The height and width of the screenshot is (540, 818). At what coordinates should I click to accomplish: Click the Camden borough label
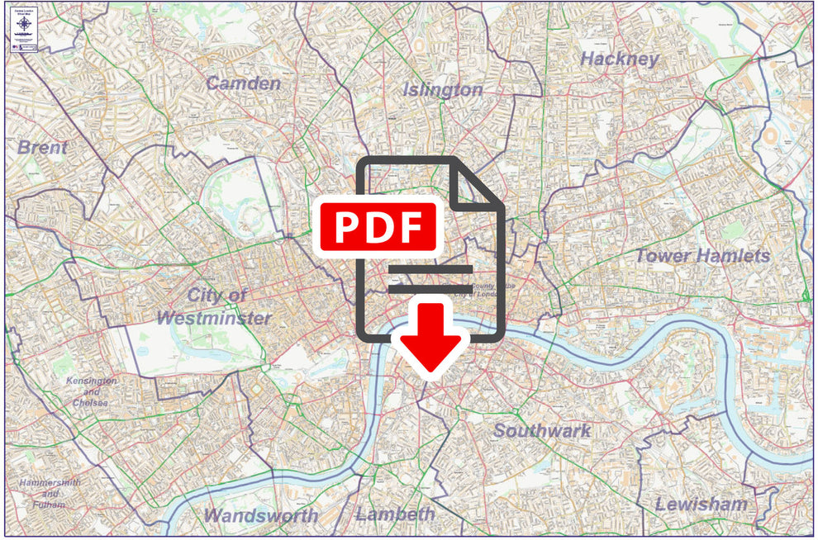pos(243,83)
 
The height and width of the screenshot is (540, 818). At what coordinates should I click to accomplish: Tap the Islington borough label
pos(443,90)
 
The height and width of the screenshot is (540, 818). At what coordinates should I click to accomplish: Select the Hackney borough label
pos(620,59)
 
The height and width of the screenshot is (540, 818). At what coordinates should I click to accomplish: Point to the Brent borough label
pos(42,148)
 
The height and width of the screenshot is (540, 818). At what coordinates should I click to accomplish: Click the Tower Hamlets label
pos(702,256)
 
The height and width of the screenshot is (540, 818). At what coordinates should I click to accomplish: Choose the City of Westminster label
pos(213,306)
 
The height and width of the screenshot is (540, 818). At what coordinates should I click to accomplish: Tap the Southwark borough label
pos(542,430)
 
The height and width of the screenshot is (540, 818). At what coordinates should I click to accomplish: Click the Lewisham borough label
pos(701,504)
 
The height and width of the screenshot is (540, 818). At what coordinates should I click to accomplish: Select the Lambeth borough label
pos(395,514)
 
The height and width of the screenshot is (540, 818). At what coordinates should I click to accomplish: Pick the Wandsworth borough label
pos(260,516)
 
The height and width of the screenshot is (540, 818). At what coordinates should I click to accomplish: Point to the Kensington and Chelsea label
pos(92,391)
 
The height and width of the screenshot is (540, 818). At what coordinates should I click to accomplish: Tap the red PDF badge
pos(377,225)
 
